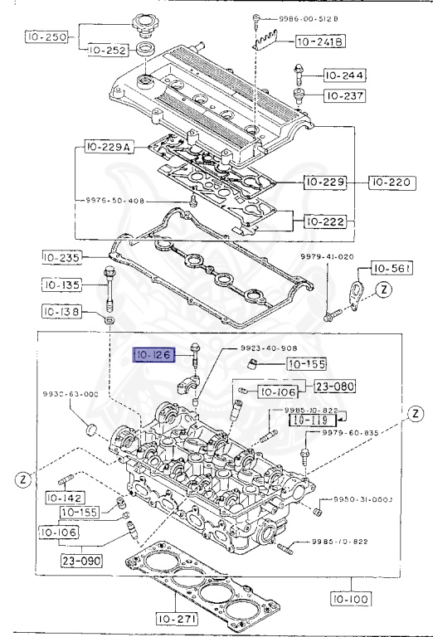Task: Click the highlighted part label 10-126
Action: point(153,356)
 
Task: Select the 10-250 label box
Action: point(41,37)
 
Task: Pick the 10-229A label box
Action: point(108,148)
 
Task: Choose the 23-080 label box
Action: point(333,386)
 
